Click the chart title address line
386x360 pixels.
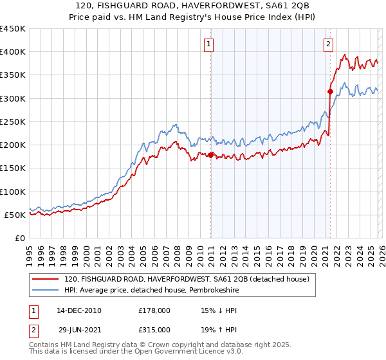coord(193,6)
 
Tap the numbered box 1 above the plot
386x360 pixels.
coord(210,44)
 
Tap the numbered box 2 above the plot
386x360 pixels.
coord(329,44)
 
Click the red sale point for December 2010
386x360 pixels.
coord(210,154)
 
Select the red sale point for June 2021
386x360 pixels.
coord(330,91)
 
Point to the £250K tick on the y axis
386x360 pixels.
coord(13,122)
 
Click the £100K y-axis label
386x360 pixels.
coord(13,192)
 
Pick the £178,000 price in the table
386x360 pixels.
coord(154,310)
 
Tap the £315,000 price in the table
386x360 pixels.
coord(154,329)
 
